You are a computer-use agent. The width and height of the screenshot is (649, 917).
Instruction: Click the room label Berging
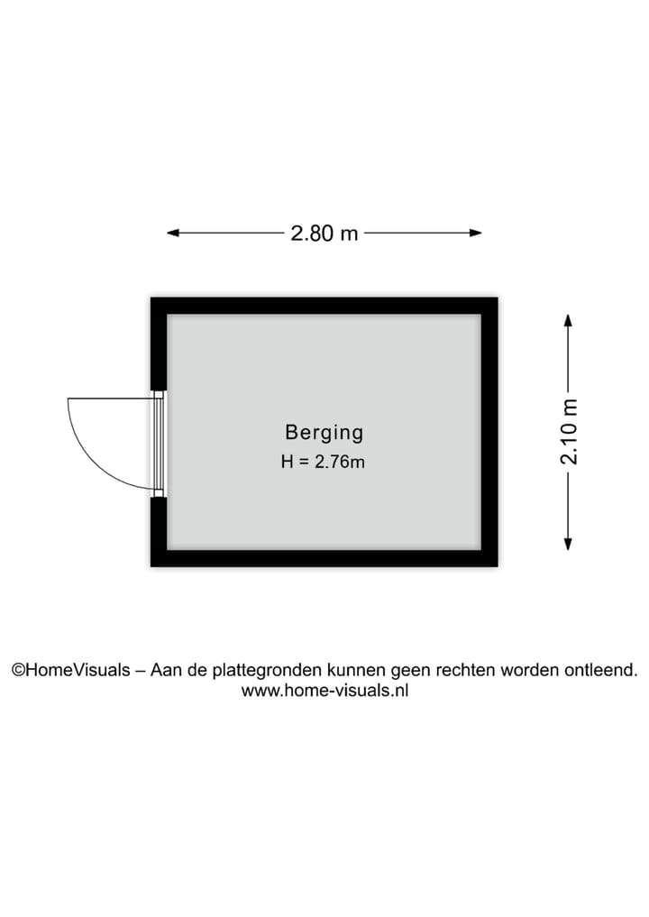[x=324, y=433]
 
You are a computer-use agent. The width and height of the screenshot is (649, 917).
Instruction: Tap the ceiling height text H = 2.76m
[x=323, y=462]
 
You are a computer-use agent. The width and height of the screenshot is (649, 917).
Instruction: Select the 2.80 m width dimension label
[x=324, y=234]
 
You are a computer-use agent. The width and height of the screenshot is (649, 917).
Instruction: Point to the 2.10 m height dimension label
[x=568, y=432]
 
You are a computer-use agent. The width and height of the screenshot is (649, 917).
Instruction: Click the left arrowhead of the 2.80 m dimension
[x=172, y=233]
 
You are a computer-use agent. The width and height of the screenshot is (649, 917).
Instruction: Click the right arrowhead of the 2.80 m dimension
[x=476, y=233]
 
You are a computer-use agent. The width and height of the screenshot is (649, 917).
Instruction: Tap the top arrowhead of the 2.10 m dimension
[x=568, y=320]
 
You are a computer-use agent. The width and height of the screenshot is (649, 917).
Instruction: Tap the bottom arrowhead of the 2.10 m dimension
[x=568, y=545]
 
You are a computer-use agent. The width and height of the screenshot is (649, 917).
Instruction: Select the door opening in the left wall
[x=159, y=444]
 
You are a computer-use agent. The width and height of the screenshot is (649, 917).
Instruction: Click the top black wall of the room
[x=324, y=306]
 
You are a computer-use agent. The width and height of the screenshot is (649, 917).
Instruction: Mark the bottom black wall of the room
[x=324, y=558]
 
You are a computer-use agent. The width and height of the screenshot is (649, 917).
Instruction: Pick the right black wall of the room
[x=489, y=432]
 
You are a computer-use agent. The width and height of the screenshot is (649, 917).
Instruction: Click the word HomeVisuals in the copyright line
[x=78, y=670]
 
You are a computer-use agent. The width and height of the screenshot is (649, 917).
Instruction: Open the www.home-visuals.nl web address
[x=324, y=690]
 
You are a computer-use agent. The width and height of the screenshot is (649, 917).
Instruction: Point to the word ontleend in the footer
[x=601, y=670]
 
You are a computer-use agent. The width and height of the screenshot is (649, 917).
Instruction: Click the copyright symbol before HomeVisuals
[x=19, y=670]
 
